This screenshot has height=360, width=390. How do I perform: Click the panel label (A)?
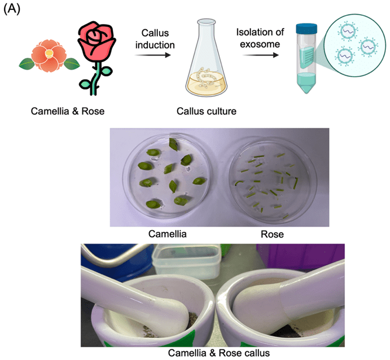pyautogui.click(x=13, y=10)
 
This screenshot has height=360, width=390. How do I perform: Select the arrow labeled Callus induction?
pyautogui.click(x=154, y=56)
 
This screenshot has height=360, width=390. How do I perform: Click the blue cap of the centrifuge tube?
pyautogui.click(x=306, y=29)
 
